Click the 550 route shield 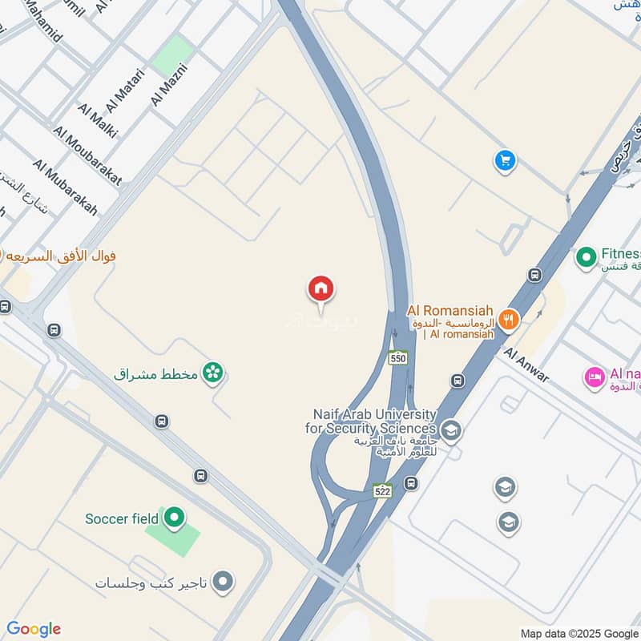[398, 358]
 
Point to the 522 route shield [382, 490]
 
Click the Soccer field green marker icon [173, 518]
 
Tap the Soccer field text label [122, 518]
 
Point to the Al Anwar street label [526, 364]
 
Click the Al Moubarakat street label [87, 155]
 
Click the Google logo [33, 628]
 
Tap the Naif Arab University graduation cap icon [451, 432]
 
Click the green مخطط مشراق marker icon [212, 373]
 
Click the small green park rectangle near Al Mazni [173, 56]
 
